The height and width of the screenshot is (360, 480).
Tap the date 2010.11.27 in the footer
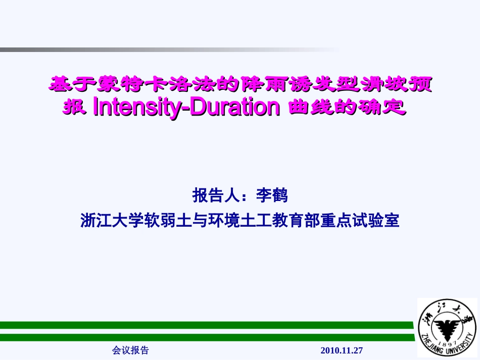(x=342, y=350)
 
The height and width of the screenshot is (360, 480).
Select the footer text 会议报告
(x=130, y=350)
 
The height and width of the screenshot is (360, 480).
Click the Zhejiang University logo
(x=447, y=328)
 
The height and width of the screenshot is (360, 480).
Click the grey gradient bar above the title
(x=152, y=49)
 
